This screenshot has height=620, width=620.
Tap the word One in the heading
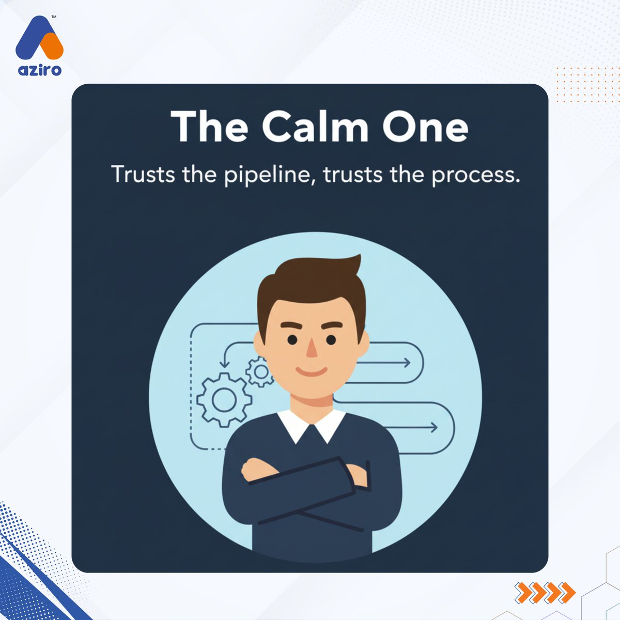pos(425,126)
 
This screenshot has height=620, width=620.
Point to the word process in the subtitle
pos(475,176)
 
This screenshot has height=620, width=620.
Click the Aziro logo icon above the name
pos(39,39)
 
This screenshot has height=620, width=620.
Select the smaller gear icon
pos(260,371)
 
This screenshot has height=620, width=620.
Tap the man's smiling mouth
pos(311,371)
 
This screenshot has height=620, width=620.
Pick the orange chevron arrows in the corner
pos(545,592)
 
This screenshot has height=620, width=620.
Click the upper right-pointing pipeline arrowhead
pos(407,363)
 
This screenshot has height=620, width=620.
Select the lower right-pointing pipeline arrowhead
pos(433,427)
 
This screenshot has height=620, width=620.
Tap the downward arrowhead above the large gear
pos(224,365)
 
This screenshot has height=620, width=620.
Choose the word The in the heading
pos(209,126)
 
